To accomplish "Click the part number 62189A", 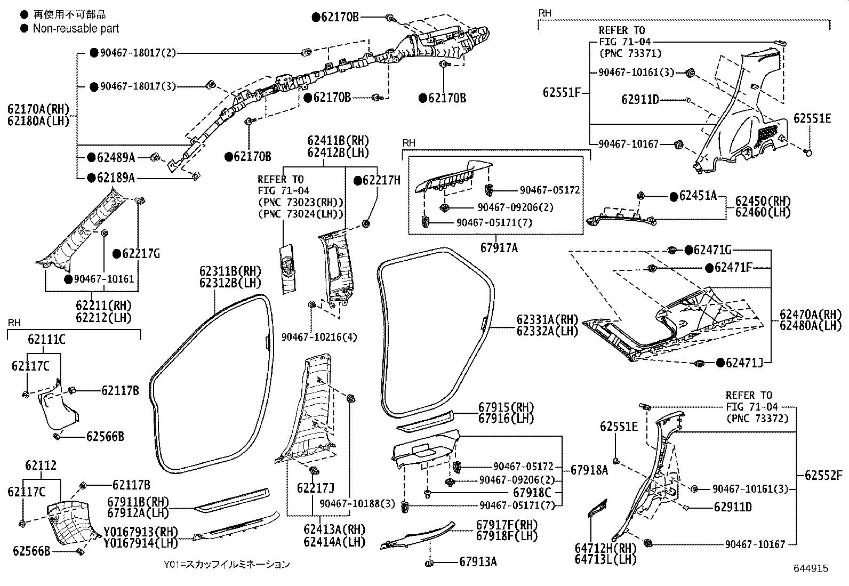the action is click(x=116, y=178).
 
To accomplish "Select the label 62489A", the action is click(x=116, y=157).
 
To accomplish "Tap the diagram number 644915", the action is click(x=811, y=568).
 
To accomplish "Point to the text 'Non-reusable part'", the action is click(x=76, y=28).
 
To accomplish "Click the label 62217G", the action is click(x=141, y=254).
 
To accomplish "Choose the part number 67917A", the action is click(x=499, y=248).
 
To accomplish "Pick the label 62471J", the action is click(x=744, y=363).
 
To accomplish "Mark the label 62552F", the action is click(x=823, y=475).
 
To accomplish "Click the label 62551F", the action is click(x=562, y=92).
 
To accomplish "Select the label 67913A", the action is click(x=478, y=562).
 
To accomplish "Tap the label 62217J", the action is click(x=316, y=488).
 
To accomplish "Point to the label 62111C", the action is click(x=46, y=339).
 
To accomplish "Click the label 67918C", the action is click(x=532, y=492).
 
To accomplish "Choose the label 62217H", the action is click(x=381, y=180).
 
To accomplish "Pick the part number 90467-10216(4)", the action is click(x=319, y=337).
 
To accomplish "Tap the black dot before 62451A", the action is click(x=674, y=197).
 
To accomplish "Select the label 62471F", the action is click(x=733, y=268).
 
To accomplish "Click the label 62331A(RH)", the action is click(x=547, y=319).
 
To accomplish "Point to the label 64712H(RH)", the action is click(x=606, y=548).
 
